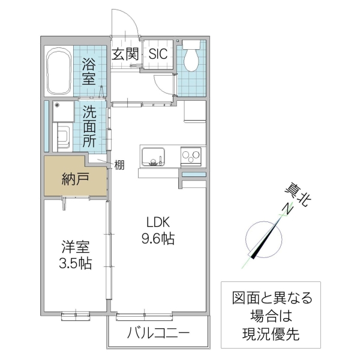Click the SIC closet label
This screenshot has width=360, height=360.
(x=158, y=53)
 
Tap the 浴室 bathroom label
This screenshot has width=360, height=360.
(x=88, y=70)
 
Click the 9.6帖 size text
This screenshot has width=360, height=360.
(x=158, y=239)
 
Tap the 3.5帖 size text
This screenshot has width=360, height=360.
(x=75, y=263)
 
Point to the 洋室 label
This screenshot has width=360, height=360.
(x=75, y=246)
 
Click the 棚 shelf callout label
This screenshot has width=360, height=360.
(x=119, y=164)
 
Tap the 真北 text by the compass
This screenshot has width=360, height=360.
(x=298, y=196)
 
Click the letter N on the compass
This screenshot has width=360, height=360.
(x=287, y=209)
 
